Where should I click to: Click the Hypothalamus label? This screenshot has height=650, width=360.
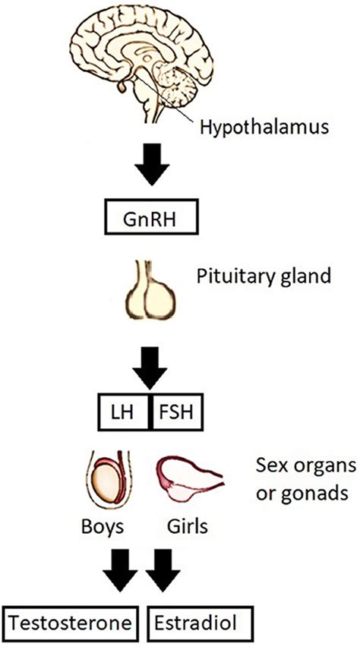pyautogui.click(x=264, y=128)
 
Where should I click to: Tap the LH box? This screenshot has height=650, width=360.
pyautogui.click(x=125, y=412)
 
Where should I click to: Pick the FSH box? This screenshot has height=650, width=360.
pyautogui.click(x=176, y=412)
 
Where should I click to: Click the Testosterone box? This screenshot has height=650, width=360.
pyautogui.click(x=71, y=623)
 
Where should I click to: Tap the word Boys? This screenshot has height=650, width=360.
pyautogui.click(x=102, y=528)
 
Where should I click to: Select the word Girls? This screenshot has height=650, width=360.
pyautogui.click(x=188, y=528)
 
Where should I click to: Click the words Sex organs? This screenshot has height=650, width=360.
pyautogui.click(x=305, y=467)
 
